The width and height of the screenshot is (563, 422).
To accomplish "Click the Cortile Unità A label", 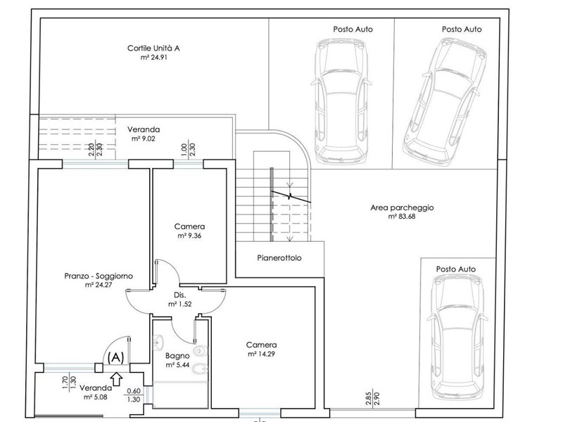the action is click(x=153, y=48).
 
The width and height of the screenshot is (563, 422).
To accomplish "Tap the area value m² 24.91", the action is click(x=153, y=58).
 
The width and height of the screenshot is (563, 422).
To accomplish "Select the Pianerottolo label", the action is click(x=279, y=257).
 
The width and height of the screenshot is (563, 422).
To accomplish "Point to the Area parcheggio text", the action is click(x=402, y=207).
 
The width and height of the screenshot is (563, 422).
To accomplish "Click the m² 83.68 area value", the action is click(x=402, y=217).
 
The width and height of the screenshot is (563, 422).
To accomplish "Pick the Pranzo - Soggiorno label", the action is click(x=99, y=276).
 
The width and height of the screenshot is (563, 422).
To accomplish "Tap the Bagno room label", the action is click(x=177, y=356).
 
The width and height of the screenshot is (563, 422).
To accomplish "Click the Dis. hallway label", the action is click(x=180, y=295).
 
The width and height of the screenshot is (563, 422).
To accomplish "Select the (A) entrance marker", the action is click(x=115, y=357).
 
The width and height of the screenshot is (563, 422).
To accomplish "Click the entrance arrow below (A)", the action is click(x=116, y=378).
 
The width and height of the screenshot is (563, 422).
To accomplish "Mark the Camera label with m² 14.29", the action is click(x=261, y=345).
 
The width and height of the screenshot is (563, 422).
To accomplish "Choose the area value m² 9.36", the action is click(x=189, y=236).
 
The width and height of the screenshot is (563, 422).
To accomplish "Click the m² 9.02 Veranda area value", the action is click(x=144, y=139).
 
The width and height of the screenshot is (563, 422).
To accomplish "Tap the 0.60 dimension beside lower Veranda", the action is click(x=134, y=391).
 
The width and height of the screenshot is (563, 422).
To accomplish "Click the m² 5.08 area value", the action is click(x=96, y=397).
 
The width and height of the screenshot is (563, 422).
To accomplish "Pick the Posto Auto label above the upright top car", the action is click(x=353, y=29).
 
